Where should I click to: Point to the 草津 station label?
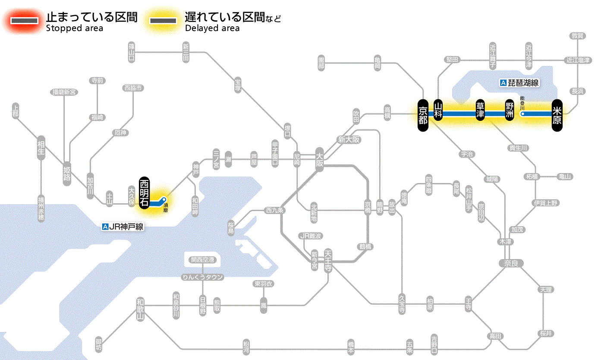(x=480, y=111)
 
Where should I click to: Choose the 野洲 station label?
(x=510, y=111)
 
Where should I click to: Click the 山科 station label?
(x=438, y=111)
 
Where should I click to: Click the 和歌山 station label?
(x=140, y=309)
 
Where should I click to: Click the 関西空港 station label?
(x=203, y=260)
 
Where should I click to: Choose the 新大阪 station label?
(x=349, y=139)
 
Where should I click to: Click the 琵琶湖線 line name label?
(x=520, y=83)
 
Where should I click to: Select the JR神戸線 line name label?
(x=123, y=227)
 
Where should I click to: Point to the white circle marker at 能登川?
(x=522, y=114)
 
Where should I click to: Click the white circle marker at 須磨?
(x=164, y=199)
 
